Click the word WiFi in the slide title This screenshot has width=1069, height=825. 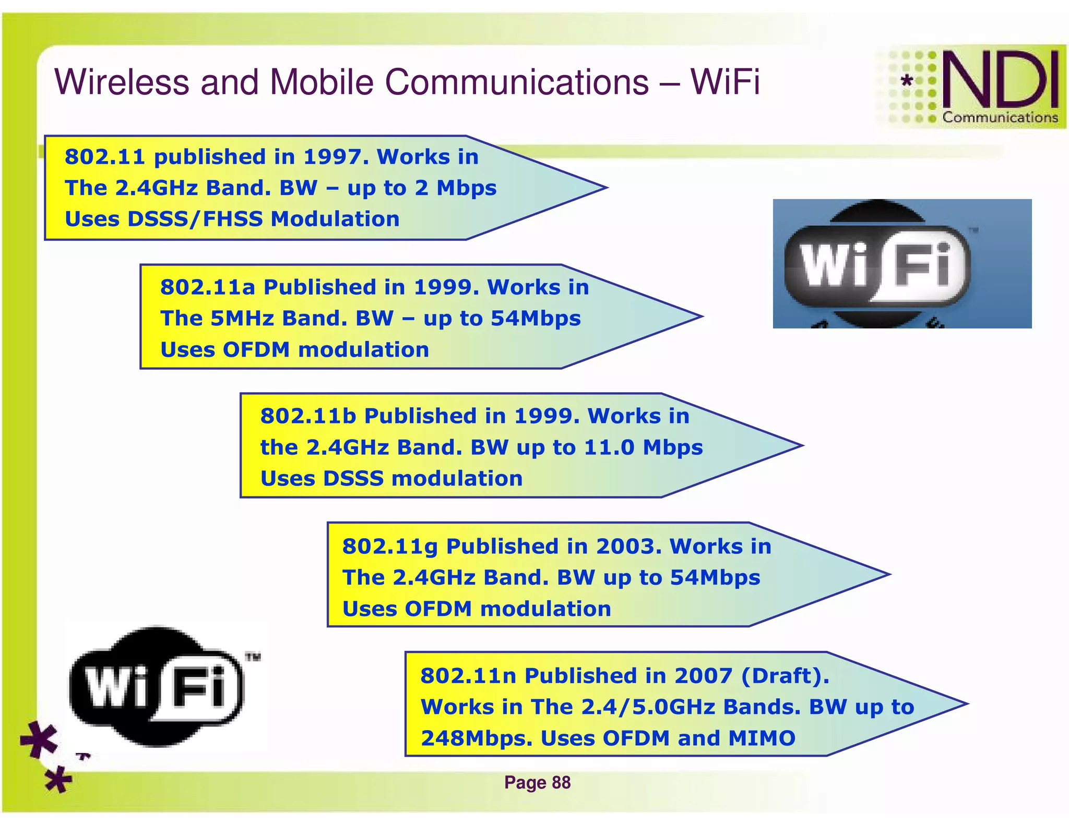point(725,82)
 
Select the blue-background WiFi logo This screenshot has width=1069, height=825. point(901,264)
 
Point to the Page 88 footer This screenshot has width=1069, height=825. point(537,782)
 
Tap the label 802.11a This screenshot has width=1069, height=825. point(208,287)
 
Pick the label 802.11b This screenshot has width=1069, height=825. point(308,416)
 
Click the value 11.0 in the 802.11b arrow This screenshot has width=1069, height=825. point(609,447)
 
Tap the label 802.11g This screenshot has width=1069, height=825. point(390,547)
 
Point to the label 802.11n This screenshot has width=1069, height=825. point(468,676)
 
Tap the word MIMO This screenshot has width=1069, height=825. point(762,738)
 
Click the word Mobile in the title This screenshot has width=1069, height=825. point(322,82)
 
